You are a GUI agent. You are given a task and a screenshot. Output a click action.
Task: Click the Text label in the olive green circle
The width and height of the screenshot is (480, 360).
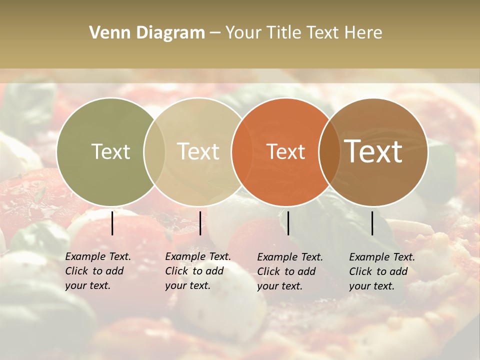point(110,151)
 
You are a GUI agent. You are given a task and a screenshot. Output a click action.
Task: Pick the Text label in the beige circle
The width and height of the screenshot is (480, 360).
point(198,151)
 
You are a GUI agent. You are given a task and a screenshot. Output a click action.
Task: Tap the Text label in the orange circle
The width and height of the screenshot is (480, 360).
point(286,151)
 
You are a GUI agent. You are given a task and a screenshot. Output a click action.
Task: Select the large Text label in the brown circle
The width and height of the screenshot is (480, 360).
point(373,151)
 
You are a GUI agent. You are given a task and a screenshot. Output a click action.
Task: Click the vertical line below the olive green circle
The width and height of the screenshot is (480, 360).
point(112,223)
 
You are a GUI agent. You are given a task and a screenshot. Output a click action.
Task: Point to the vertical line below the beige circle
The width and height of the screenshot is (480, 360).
point(200,223)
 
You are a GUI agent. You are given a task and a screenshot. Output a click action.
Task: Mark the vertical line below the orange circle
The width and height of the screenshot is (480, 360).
point(288,223)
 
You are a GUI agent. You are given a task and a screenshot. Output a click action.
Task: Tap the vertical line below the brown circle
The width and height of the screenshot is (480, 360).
point(372,223)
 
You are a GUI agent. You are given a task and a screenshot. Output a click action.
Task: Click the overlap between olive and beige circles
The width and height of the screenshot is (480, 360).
point(154,151)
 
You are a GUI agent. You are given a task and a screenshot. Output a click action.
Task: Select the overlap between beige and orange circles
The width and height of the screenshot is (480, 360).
point(242,151)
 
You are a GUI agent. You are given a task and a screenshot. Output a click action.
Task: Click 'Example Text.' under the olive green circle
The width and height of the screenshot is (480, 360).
point(98,256)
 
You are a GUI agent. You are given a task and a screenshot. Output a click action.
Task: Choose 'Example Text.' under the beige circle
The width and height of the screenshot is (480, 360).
point(198,256)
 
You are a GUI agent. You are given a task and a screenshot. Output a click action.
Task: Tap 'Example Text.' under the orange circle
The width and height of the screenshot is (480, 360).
point(290,257)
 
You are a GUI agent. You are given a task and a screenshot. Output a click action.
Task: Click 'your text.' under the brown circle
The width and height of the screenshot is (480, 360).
point(371,286)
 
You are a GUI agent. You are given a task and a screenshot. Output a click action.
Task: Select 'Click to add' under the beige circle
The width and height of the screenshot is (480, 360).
point(194,271)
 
